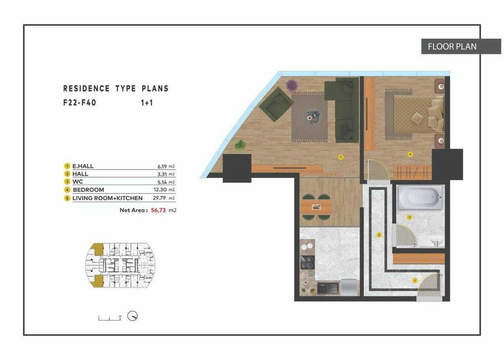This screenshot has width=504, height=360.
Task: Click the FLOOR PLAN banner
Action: click(x=453, y=47)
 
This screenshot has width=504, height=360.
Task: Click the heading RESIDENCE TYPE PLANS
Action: click(x=116, y=88)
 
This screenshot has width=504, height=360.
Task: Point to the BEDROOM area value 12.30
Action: click(x=155, y=190)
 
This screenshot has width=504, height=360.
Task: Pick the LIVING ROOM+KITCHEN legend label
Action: click(x=107, y=197)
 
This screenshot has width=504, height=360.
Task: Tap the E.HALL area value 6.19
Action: click(x=155, y=166)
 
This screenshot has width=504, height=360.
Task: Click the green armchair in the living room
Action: click(x=276, y=103)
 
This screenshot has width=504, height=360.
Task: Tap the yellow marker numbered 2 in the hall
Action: click(x=379, y=235)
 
